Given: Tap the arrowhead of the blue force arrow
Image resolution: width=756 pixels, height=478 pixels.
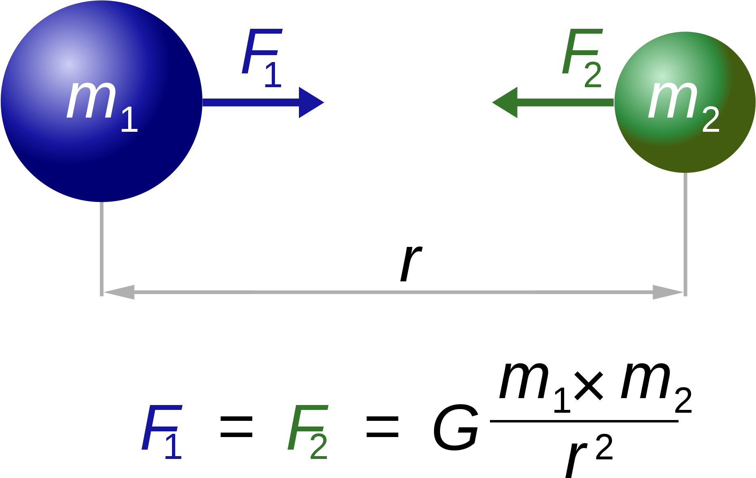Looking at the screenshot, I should (x=311, y=103).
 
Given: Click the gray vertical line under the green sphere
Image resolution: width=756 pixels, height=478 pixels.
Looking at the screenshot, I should (x=685, y=231).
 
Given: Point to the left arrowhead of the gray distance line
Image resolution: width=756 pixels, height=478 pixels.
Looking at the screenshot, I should (x=119, y=292).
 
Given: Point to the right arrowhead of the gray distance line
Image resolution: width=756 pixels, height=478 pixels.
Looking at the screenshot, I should (x=668, y=292).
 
